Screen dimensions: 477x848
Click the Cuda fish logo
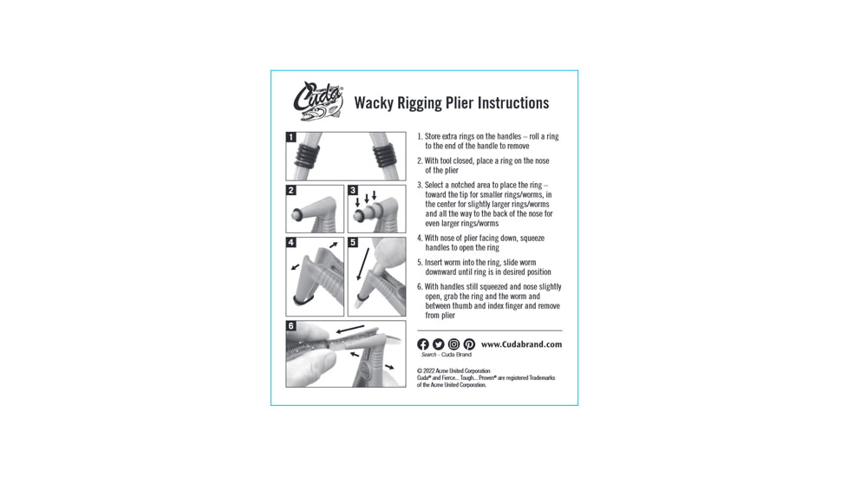[318, 101]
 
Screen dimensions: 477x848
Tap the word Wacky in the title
[375, 103]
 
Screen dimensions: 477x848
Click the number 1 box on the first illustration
[291, 137]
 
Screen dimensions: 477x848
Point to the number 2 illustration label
[291, 190]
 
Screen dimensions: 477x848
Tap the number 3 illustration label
[353, 190]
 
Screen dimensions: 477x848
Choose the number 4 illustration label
[291, 243]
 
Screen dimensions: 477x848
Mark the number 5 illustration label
[353, 243]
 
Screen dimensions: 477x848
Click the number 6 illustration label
[291, 327]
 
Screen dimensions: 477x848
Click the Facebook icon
[423, 344]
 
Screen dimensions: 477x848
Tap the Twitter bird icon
[438, 344]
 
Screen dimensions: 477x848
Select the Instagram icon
[453, 344]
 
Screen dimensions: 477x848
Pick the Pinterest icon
[469, 344]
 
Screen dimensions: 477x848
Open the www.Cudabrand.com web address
[521, 344]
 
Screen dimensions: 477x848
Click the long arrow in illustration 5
[365, 261]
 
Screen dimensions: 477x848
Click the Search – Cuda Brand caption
[446, 355]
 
